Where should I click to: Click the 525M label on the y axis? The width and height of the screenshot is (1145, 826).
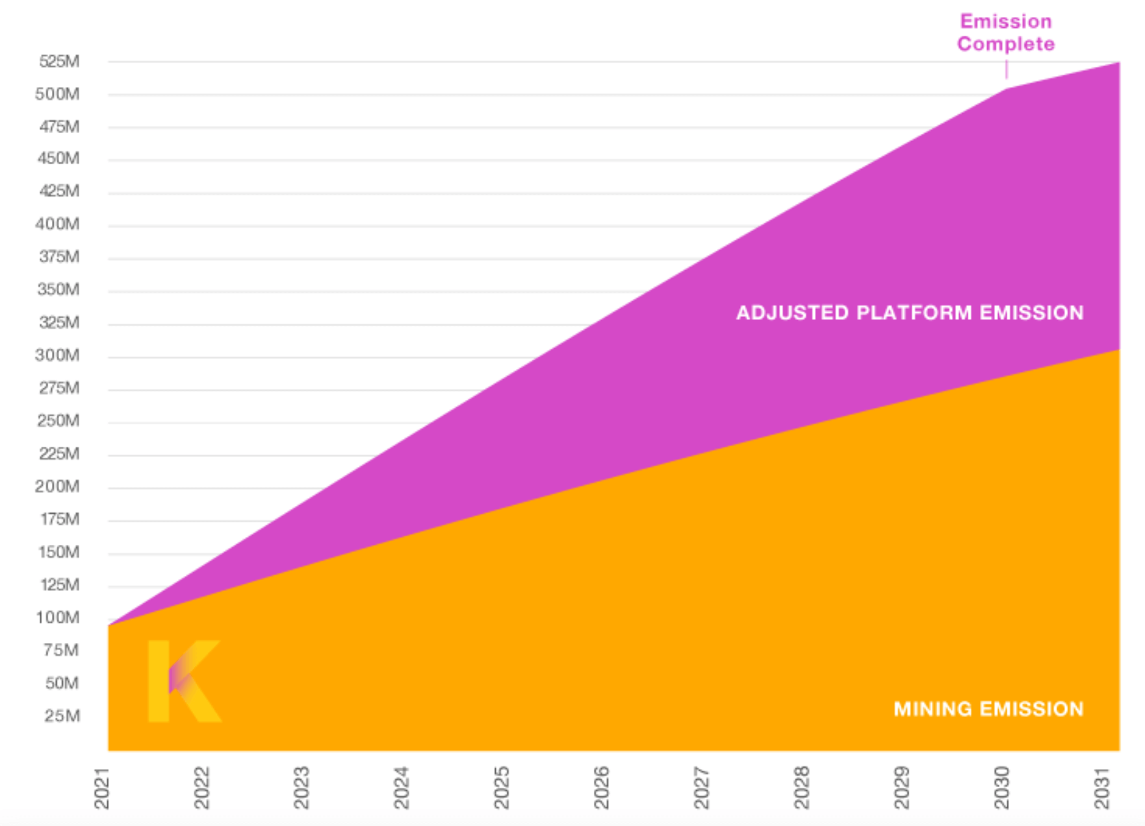(x=59, y=62)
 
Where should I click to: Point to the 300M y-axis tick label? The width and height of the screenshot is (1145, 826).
(x=58, y=355)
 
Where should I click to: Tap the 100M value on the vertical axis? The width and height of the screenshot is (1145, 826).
(x=58, y=618)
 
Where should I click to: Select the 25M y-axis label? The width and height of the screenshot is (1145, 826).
(x=62, y=716)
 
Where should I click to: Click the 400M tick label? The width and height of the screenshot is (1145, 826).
(x=58, y=224)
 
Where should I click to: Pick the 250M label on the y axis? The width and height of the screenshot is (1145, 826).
(x=58, y=421)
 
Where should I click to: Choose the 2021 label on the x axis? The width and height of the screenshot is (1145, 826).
(x=102, y=788)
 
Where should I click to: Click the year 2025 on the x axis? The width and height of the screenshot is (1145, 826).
(x=502, y=788)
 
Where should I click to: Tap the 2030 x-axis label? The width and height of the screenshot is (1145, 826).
(x=1002, y=788)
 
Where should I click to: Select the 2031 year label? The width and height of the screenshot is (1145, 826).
(x=1101, y=788)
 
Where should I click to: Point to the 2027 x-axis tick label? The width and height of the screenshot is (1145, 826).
(x=702, y=788)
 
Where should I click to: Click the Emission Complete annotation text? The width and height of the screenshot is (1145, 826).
(x=1005, y=32)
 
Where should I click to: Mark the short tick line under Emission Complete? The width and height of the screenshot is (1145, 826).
(x=1007, y=69)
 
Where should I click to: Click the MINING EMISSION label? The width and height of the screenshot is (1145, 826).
(x=988, y=708)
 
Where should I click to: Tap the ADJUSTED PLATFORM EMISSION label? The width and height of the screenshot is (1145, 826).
(x=910, y=313)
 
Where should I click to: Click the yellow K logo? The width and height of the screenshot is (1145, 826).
(x=184, y=681)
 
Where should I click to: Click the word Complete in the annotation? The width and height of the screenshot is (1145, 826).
(x=1005, y=44)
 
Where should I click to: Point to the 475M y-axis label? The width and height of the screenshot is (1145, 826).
(x=59, y=127)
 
